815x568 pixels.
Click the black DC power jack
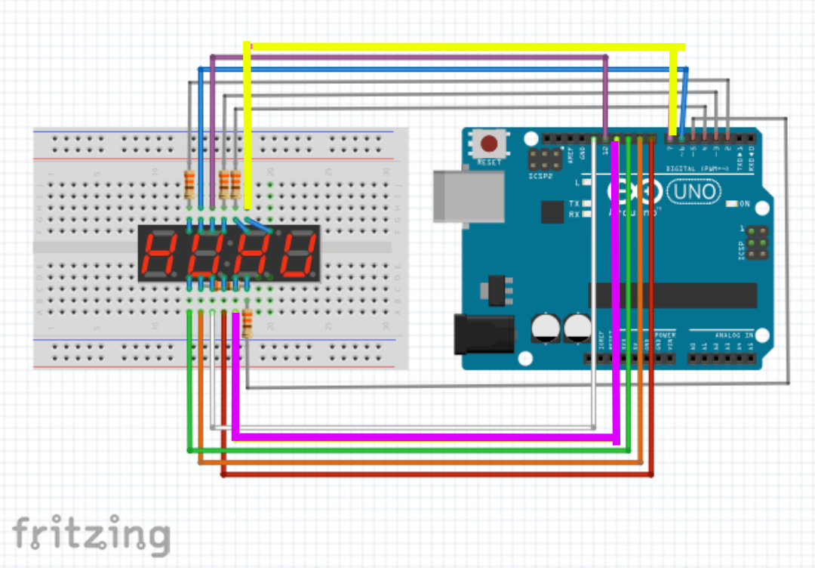(483, 333)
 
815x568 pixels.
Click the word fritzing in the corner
(91, 534)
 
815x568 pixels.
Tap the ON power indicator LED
(730, 204)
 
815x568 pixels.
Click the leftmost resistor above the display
(189, 184)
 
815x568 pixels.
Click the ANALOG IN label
(723, 334)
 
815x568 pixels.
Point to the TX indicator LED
(586, 204)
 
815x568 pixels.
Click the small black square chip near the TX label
(552, 211)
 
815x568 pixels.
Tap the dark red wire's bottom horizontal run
(438, 475)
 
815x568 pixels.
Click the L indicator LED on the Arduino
(586, 183)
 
